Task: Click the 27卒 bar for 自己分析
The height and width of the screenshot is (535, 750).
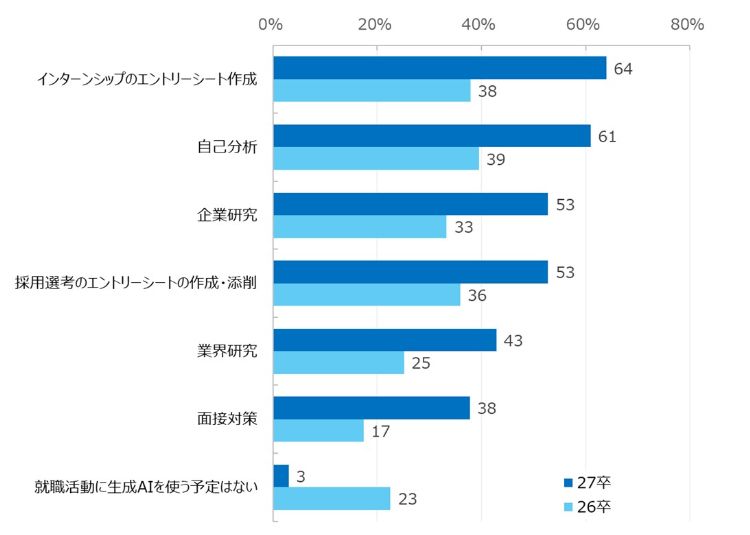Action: (x=431, y=136)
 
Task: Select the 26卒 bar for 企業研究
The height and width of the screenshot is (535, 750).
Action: (x=359, y=227)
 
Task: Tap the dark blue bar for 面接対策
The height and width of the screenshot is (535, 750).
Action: (x=371, y=408)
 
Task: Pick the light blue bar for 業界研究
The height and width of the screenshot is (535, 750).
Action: (x=338, y=362)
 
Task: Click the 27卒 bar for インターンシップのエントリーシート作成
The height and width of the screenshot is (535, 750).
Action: (x=439, y=68)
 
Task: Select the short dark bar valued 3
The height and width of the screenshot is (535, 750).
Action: (x=281, y=476)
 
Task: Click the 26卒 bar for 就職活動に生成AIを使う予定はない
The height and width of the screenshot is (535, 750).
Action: (x=331, y=498)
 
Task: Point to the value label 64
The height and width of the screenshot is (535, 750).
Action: (x=624, y=69)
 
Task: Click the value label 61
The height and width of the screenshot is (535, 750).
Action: (x=608, y=136)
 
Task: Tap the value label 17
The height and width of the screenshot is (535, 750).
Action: (x=381, y=431)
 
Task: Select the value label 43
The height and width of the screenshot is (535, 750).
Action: (x=514, y=340)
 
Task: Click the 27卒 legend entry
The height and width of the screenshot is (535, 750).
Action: (x=587, y=482)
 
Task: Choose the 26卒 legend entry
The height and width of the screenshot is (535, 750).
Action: (x=587, y=507)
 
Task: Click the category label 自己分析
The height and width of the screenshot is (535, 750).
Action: (x=227, y=148)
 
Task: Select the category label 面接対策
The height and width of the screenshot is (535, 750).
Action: (x=227, y=419)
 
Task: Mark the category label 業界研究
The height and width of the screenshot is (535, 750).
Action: (x=227, y=352)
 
